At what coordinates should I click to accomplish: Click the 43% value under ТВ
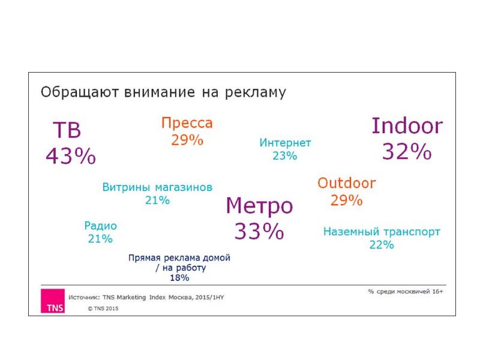pos(71,156)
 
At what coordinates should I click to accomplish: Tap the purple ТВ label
pos(67,131)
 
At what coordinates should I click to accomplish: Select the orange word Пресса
pos(187,124)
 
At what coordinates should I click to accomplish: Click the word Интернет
pos(285,143)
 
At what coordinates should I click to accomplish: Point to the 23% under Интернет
pos(285,156)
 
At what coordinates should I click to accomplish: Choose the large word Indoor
pos(407,126)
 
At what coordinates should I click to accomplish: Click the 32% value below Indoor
pos(407,152)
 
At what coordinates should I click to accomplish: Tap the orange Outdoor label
pos(347,183)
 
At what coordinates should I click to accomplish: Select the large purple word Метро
pos(259,206)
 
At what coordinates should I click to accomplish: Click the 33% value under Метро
pos(259,231)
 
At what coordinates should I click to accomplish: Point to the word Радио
pos(100,226)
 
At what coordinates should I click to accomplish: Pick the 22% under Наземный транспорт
pos(382,245)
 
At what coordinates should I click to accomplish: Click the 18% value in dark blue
pos(179,278)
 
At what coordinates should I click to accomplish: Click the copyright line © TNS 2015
pos(104,309)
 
